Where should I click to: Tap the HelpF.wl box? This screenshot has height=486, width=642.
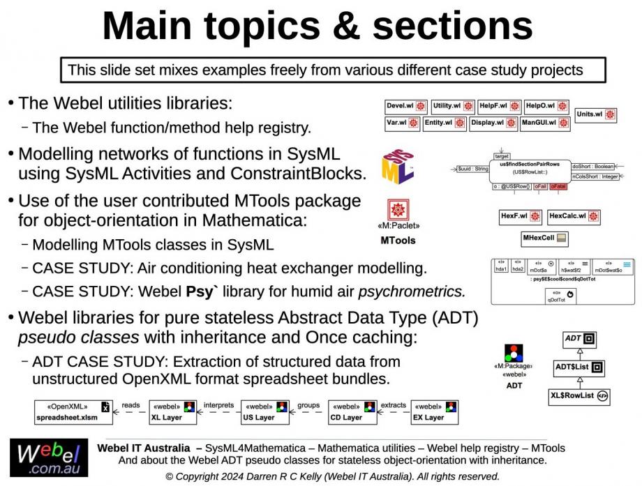click(x=499, y=107)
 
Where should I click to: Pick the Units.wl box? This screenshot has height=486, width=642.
click(x=595, y=114)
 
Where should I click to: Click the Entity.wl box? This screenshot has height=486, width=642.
click(x=445, y=123)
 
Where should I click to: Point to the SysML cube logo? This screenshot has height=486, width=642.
click(x=398, y=167)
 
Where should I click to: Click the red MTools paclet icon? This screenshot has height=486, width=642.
click(x=398, y=211)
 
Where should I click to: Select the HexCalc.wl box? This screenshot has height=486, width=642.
click(x=573, y=216)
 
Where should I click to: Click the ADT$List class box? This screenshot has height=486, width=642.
click(x=578, y=367)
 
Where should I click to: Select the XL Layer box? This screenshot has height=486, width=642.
click(x=173, y=412)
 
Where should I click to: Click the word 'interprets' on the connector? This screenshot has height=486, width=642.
click(x=218, y=405)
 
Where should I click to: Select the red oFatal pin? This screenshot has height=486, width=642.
click(x=558, y=187)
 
